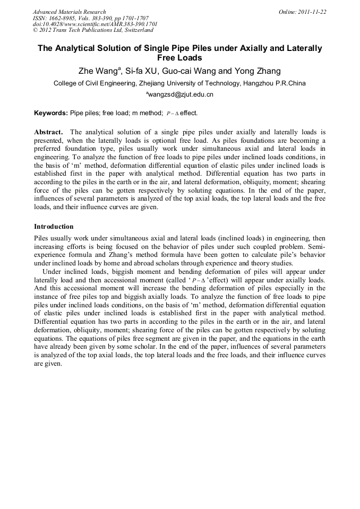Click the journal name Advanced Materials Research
point(69,12)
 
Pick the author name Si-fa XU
point(141,71)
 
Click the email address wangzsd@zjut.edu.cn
point(180,95)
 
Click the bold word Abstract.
point(49,131)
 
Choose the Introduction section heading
point(54,227)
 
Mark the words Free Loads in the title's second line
point(179,58)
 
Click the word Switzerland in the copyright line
point(136,31)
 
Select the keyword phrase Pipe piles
point(85,113)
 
